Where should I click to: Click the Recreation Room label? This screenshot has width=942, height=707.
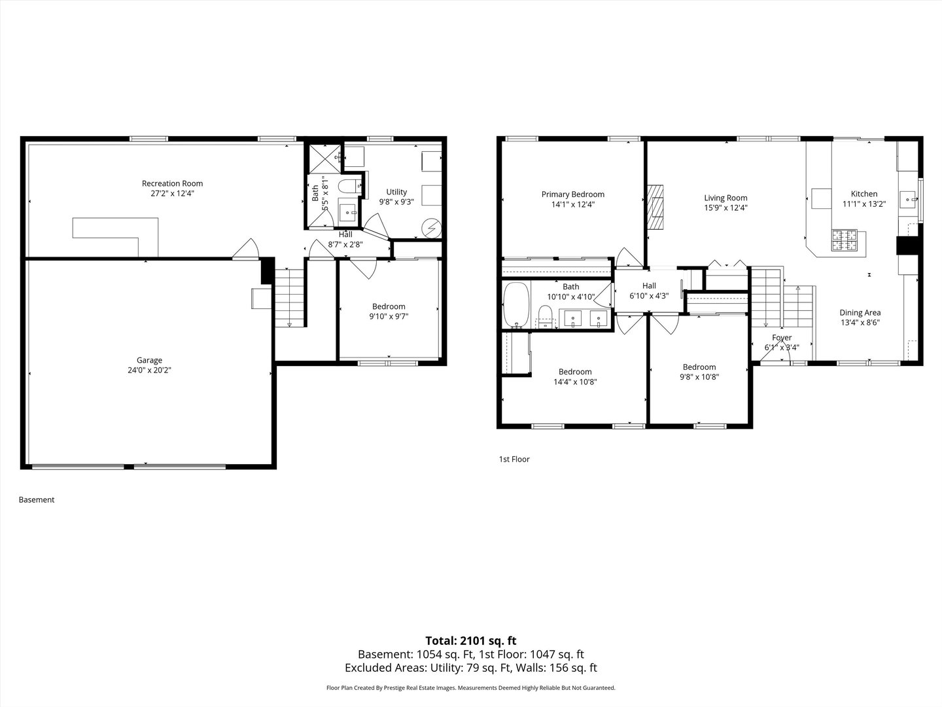(173, 183)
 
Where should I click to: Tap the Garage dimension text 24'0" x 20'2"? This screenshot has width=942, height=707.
(149, 371)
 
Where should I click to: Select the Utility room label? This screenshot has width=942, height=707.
(396, 192)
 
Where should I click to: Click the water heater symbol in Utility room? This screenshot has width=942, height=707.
(431, 227)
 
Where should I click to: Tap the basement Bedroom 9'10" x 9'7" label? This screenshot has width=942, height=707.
(389, 306)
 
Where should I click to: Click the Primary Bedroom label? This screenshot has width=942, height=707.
(572, 194)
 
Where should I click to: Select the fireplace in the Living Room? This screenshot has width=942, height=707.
(655, 206)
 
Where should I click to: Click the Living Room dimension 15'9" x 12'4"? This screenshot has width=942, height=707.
(725, 208)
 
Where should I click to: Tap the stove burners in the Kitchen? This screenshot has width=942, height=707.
(845, 241)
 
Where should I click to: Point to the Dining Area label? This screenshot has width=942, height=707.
(860, 313)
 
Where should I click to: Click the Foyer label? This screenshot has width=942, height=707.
(782, 338)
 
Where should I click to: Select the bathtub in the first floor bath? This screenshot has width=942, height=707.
(516, 304)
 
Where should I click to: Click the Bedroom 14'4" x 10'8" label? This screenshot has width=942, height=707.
(575, 372)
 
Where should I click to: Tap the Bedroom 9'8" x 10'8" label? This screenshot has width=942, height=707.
(699, 367)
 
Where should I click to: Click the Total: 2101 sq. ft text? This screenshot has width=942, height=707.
(470, 641)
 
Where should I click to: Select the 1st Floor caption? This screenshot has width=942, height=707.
(514, 460)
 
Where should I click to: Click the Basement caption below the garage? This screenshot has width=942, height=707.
(37, 500)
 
